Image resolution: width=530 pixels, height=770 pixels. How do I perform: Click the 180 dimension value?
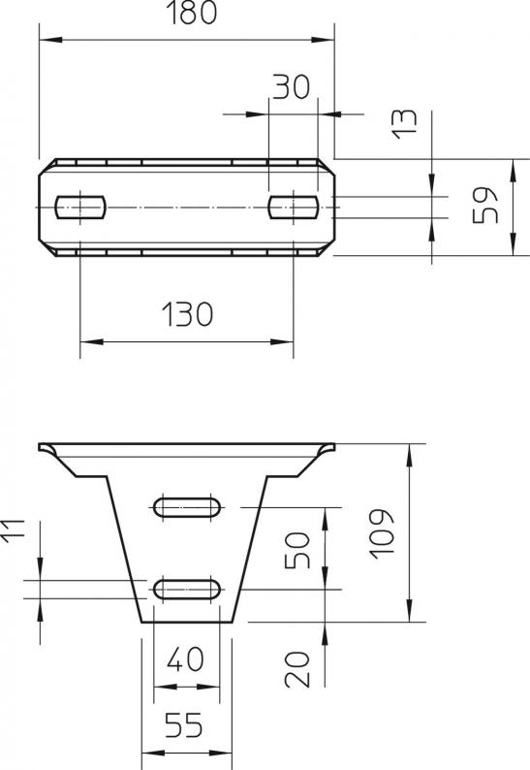pyautogui.click(x=192, y=14)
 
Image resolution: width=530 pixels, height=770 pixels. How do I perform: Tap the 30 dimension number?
pyautogui.click(x=291, y=86)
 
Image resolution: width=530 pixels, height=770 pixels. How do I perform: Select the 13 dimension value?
pyautogui.click(x=404, y=124)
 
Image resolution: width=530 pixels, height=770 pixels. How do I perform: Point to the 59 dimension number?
pyautogui.click(x=484, y=205)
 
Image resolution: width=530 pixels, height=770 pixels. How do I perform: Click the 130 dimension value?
pyautogui.click(x=187, y=314)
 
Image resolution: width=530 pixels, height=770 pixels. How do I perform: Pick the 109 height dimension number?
pyautogui.click(x=382, y=533)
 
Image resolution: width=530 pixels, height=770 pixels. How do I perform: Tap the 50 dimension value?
pyautogui.click(x=297, y=550)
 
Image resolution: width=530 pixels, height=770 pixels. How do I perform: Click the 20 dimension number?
pyautogui.click(x=297, y=669)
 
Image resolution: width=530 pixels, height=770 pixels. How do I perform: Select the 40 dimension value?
pyautogui.click(x=185, y=659)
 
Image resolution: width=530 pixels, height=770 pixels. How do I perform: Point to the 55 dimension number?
pyautogui.click(x=183, y=724)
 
